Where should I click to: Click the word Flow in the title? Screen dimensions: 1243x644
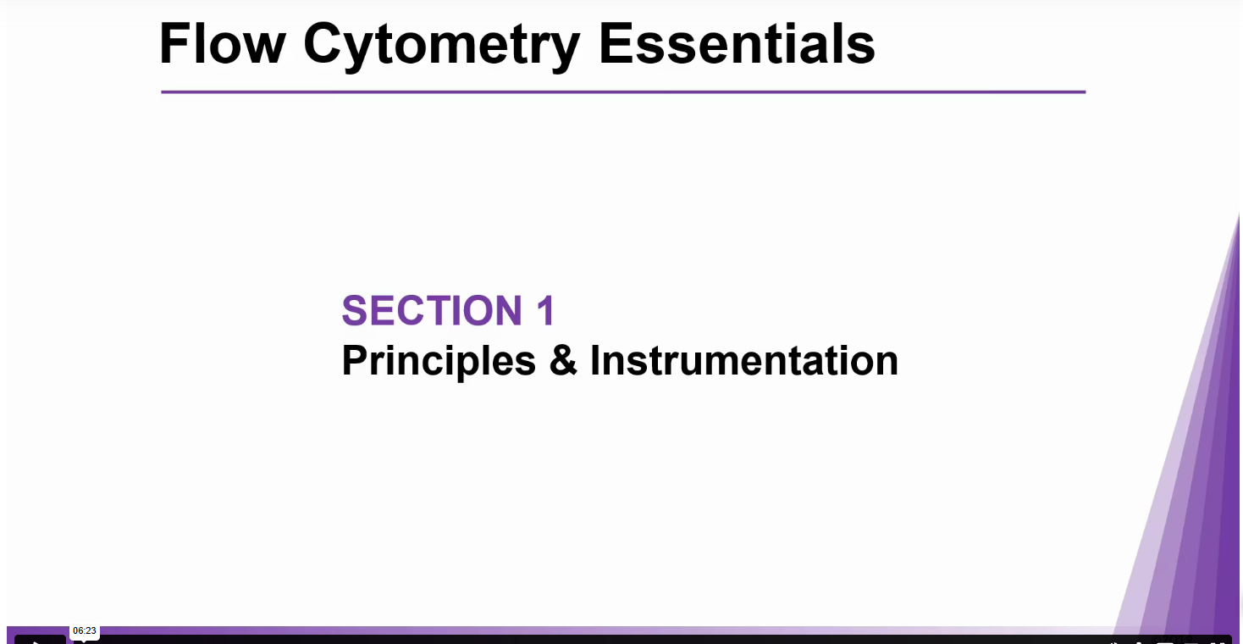(x=222, y=43)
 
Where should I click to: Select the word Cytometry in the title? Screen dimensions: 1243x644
(x=442, y=47)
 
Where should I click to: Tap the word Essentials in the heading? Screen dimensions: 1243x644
(x=737, y=43)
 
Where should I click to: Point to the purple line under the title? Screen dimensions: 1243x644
(x=623, y=92)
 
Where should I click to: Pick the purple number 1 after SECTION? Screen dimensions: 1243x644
(x=546, y=310)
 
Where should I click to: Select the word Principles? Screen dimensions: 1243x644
(x=439, y=362)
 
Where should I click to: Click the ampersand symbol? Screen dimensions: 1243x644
(x=563, y=360)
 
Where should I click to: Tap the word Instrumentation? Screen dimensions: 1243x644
(x=744, y=360)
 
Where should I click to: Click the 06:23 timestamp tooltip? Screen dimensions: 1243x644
(x=85, y=630)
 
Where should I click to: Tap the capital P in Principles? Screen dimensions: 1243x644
(x=355, y=360)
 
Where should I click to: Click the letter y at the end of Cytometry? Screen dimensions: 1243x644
(x=562, y=53)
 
